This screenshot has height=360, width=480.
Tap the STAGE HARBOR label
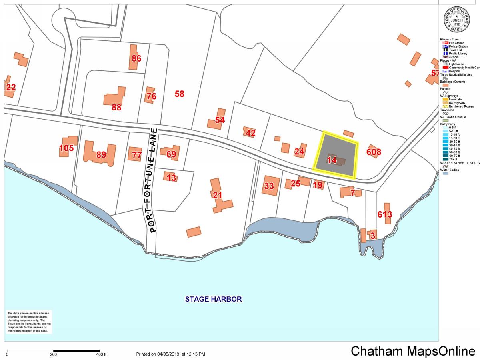pyautogui.click(x=213, y=299)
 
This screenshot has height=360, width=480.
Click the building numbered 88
pyautogui.click(x=115, y=98)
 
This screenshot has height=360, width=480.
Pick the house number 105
pyautogui.click(x=66, y=148)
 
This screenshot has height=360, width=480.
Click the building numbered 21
pyautogui.click(x=218, y=196)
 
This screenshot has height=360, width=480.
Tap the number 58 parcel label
pyautogui.click(x=180, y=94)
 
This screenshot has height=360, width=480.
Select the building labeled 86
pyautogui.click(x=135, y=58)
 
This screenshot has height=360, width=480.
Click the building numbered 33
pyautogui.click(x=270, y=186)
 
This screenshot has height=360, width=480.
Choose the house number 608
pyautogui.click(x=374, y=152)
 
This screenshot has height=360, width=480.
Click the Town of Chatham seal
pyautogui.click(x=456, y=20)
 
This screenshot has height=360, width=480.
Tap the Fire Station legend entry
pyautogui.click(x=456, y=43)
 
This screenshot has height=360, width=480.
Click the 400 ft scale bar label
pyautogui.click(x=101, y=354)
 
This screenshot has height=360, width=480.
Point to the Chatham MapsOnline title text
pyautogui.click(x=413, y=351)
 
